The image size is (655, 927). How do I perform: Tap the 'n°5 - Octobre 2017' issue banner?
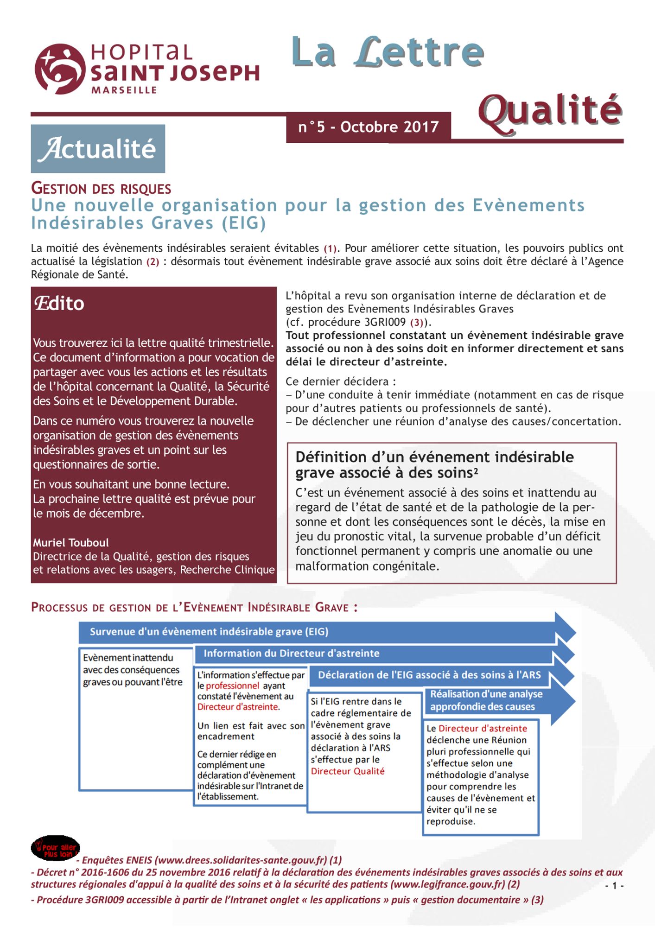click(369, 127)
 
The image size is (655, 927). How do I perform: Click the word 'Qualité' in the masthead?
click(550, 111)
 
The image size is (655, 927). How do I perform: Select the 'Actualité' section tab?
click(98, 149)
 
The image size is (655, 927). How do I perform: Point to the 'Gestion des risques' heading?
click(101, 189)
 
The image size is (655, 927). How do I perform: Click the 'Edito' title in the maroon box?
click(59, 304)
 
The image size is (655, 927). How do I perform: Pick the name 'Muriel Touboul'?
click(71, 542)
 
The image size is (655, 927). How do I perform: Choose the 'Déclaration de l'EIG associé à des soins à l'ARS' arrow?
click(429, 675)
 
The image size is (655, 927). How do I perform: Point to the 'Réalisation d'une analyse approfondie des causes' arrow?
click(487, 700)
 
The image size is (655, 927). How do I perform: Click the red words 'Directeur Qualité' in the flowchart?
click(348, 771)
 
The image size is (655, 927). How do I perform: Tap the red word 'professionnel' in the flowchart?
click(232, 686)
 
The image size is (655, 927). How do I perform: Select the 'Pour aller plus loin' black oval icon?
click(55, 848)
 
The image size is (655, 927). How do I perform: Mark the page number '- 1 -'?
click(614, 886)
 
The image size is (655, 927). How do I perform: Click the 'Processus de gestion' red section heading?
click(194, 607)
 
